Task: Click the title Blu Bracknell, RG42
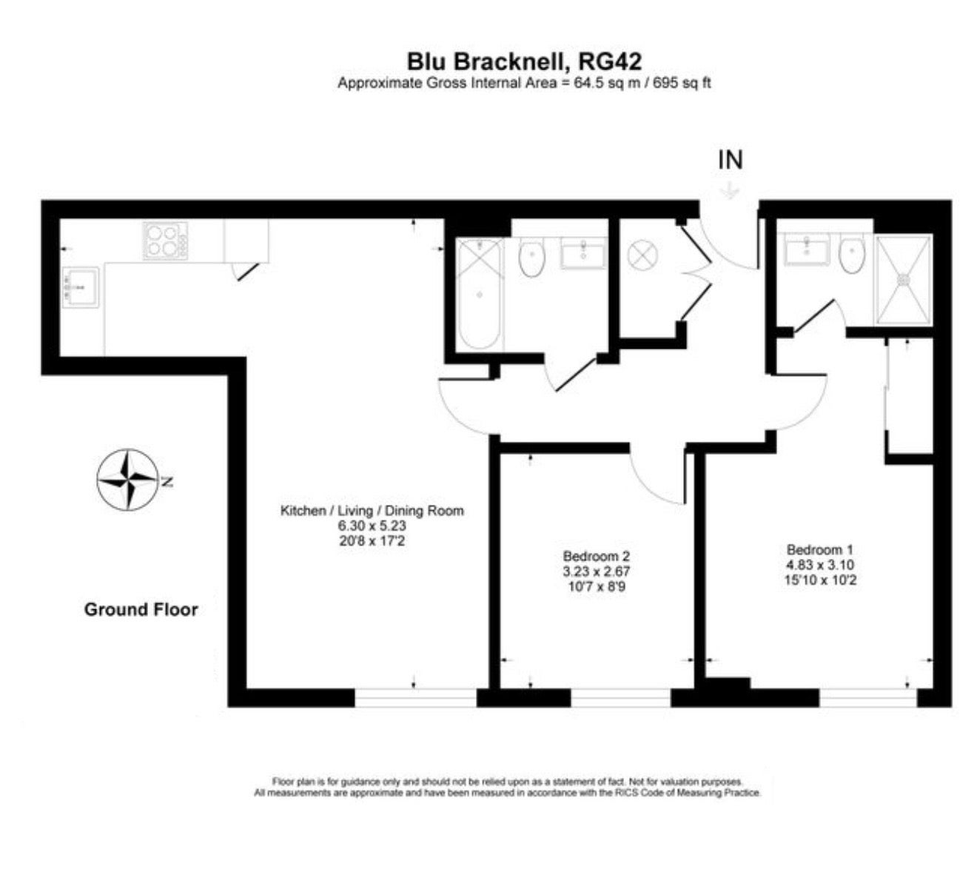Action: click(524, 61)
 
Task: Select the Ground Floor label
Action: click(141, 610)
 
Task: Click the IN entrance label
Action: click(730, 160)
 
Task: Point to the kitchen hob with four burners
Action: click(165, 241)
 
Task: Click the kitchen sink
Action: click(80, 287)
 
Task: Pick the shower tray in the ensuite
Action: click(903, 280)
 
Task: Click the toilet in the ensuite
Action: click(852, 252)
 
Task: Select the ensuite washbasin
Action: click(806, 249)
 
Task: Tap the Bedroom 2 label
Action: click(597, 556)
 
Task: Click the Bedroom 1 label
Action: click(820, 549)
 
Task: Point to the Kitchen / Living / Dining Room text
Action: click(372, 510)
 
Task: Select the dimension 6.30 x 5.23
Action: click(372, 526)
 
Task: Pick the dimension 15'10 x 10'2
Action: click(820, 580)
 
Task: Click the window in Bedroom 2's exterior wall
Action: click(621, 697)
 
